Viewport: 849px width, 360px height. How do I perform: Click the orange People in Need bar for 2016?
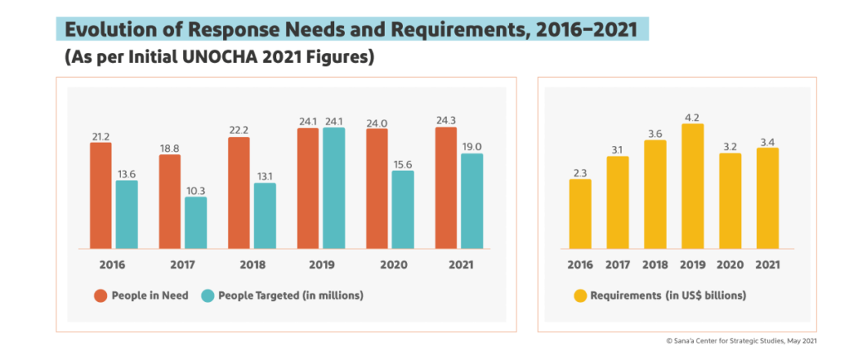coord(100,195)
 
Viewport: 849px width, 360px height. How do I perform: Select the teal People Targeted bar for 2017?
coord(196,222)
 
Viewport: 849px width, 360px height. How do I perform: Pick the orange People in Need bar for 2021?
coord(445,187)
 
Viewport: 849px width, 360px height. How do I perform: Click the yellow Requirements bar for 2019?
coord(692,186)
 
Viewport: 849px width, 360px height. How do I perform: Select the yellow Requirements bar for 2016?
coord(580,213)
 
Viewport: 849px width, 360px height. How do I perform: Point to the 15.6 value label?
coord(403,164)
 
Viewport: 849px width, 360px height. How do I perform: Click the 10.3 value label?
coord(196,190)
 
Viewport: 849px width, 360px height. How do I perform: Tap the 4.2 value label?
coord(692,116)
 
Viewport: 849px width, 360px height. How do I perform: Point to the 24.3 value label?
coord(445,119)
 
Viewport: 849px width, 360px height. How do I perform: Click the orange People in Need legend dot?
coord(99,295)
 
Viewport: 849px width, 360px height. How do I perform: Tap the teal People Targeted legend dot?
coord(207,295)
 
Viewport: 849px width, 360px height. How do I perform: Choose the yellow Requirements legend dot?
coord(580,295)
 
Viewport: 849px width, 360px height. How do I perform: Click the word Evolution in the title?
coord(120,30)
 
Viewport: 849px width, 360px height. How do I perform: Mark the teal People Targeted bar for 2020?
coord(403,209)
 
